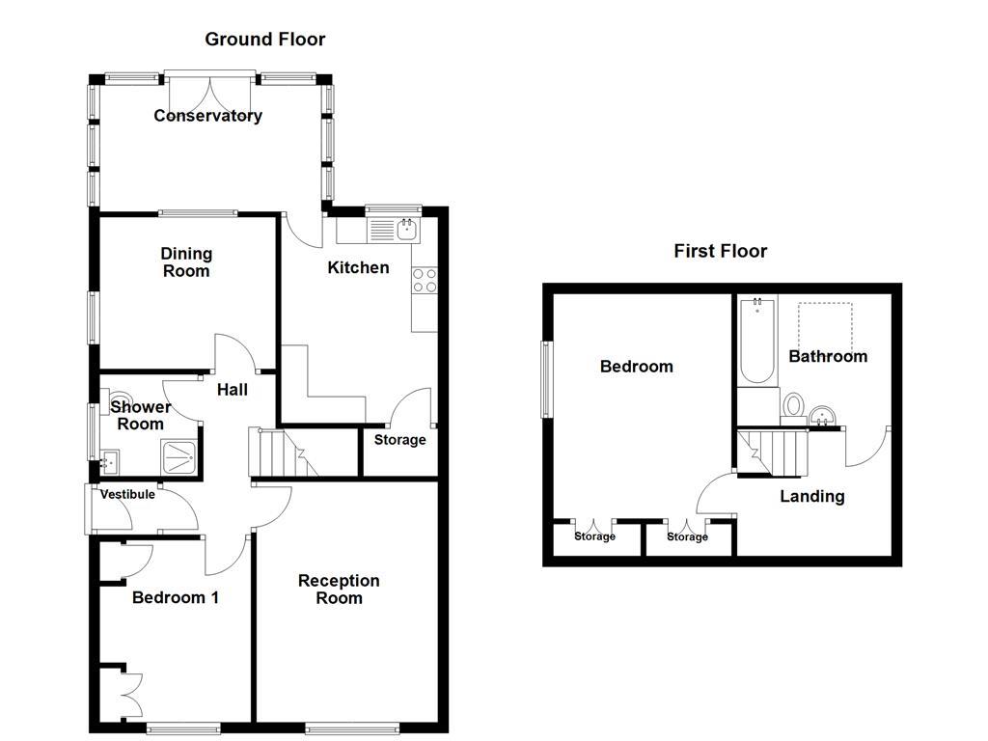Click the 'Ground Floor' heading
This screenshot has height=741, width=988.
click(264, 40)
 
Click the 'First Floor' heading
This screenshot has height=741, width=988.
click(720, 251)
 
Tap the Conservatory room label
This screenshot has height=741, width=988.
click(207, 116)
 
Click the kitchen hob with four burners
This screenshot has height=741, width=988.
click(425, 280)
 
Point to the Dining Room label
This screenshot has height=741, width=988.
click(186, 262)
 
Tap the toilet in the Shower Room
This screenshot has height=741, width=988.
click(121, 399)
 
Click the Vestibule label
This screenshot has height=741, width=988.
click(127, 495)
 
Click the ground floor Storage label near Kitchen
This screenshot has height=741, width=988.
click(399, 440)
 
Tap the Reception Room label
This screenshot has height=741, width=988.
click(339, 589)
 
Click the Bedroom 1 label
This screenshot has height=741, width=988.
click(176, 597)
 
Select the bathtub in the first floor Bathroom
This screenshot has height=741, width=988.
click(756, 342)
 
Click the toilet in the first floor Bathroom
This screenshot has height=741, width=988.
click(795, 404)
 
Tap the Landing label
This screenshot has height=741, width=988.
click(811, 496)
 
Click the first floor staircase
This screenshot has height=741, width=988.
click(773, 453)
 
